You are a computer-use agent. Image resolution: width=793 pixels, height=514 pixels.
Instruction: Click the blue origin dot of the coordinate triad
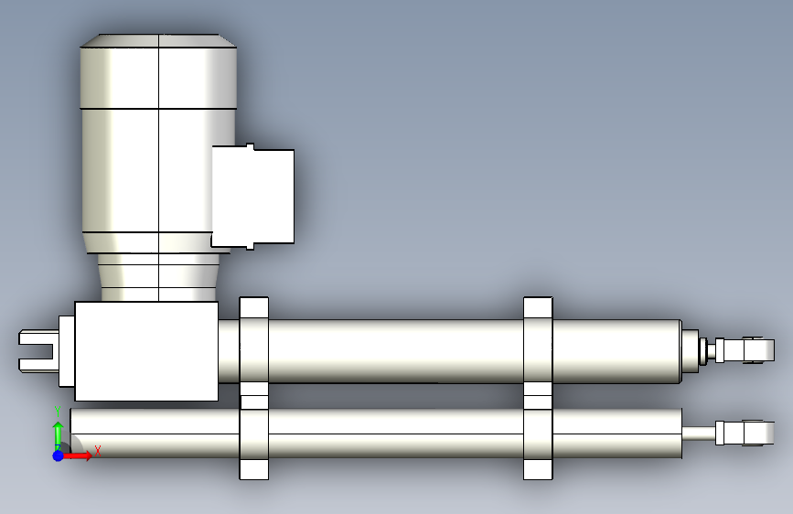pyautogui.click(x=59, y=455)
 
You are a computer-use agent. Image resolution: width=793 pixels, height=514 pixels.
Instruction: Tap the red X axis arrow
pyautogui.click(x=77, y=455)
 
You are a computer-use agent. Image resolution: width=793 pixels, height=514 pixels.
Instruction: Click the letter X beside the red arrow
pyautogui.click(x=98, y=450)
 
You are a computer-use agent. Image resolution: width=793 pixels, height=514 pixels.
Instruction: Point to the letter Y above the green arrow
pyautogui.click(x=58, y=412)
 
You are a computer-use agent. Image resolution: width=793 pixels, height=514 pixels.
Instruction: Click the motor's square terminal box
pyautogui.click(x=252, y=197)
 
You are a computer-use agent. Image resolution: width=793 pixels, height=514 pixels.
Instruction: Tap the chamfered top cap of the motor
pyautogui.click(x=158, y=41)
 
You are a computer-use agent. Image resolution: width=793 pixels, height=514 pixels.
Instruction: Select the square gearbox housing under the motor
pyautogui.click(x=146, y=351)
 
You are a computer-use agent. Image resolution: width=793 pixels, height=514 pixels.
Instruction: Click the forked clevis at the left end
pyautogui.click(x=37, y=350)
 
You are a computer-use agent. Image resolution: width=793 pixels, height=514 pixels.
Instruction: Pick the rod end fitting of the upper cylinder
pyautogui.click(x=745, y=350)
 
